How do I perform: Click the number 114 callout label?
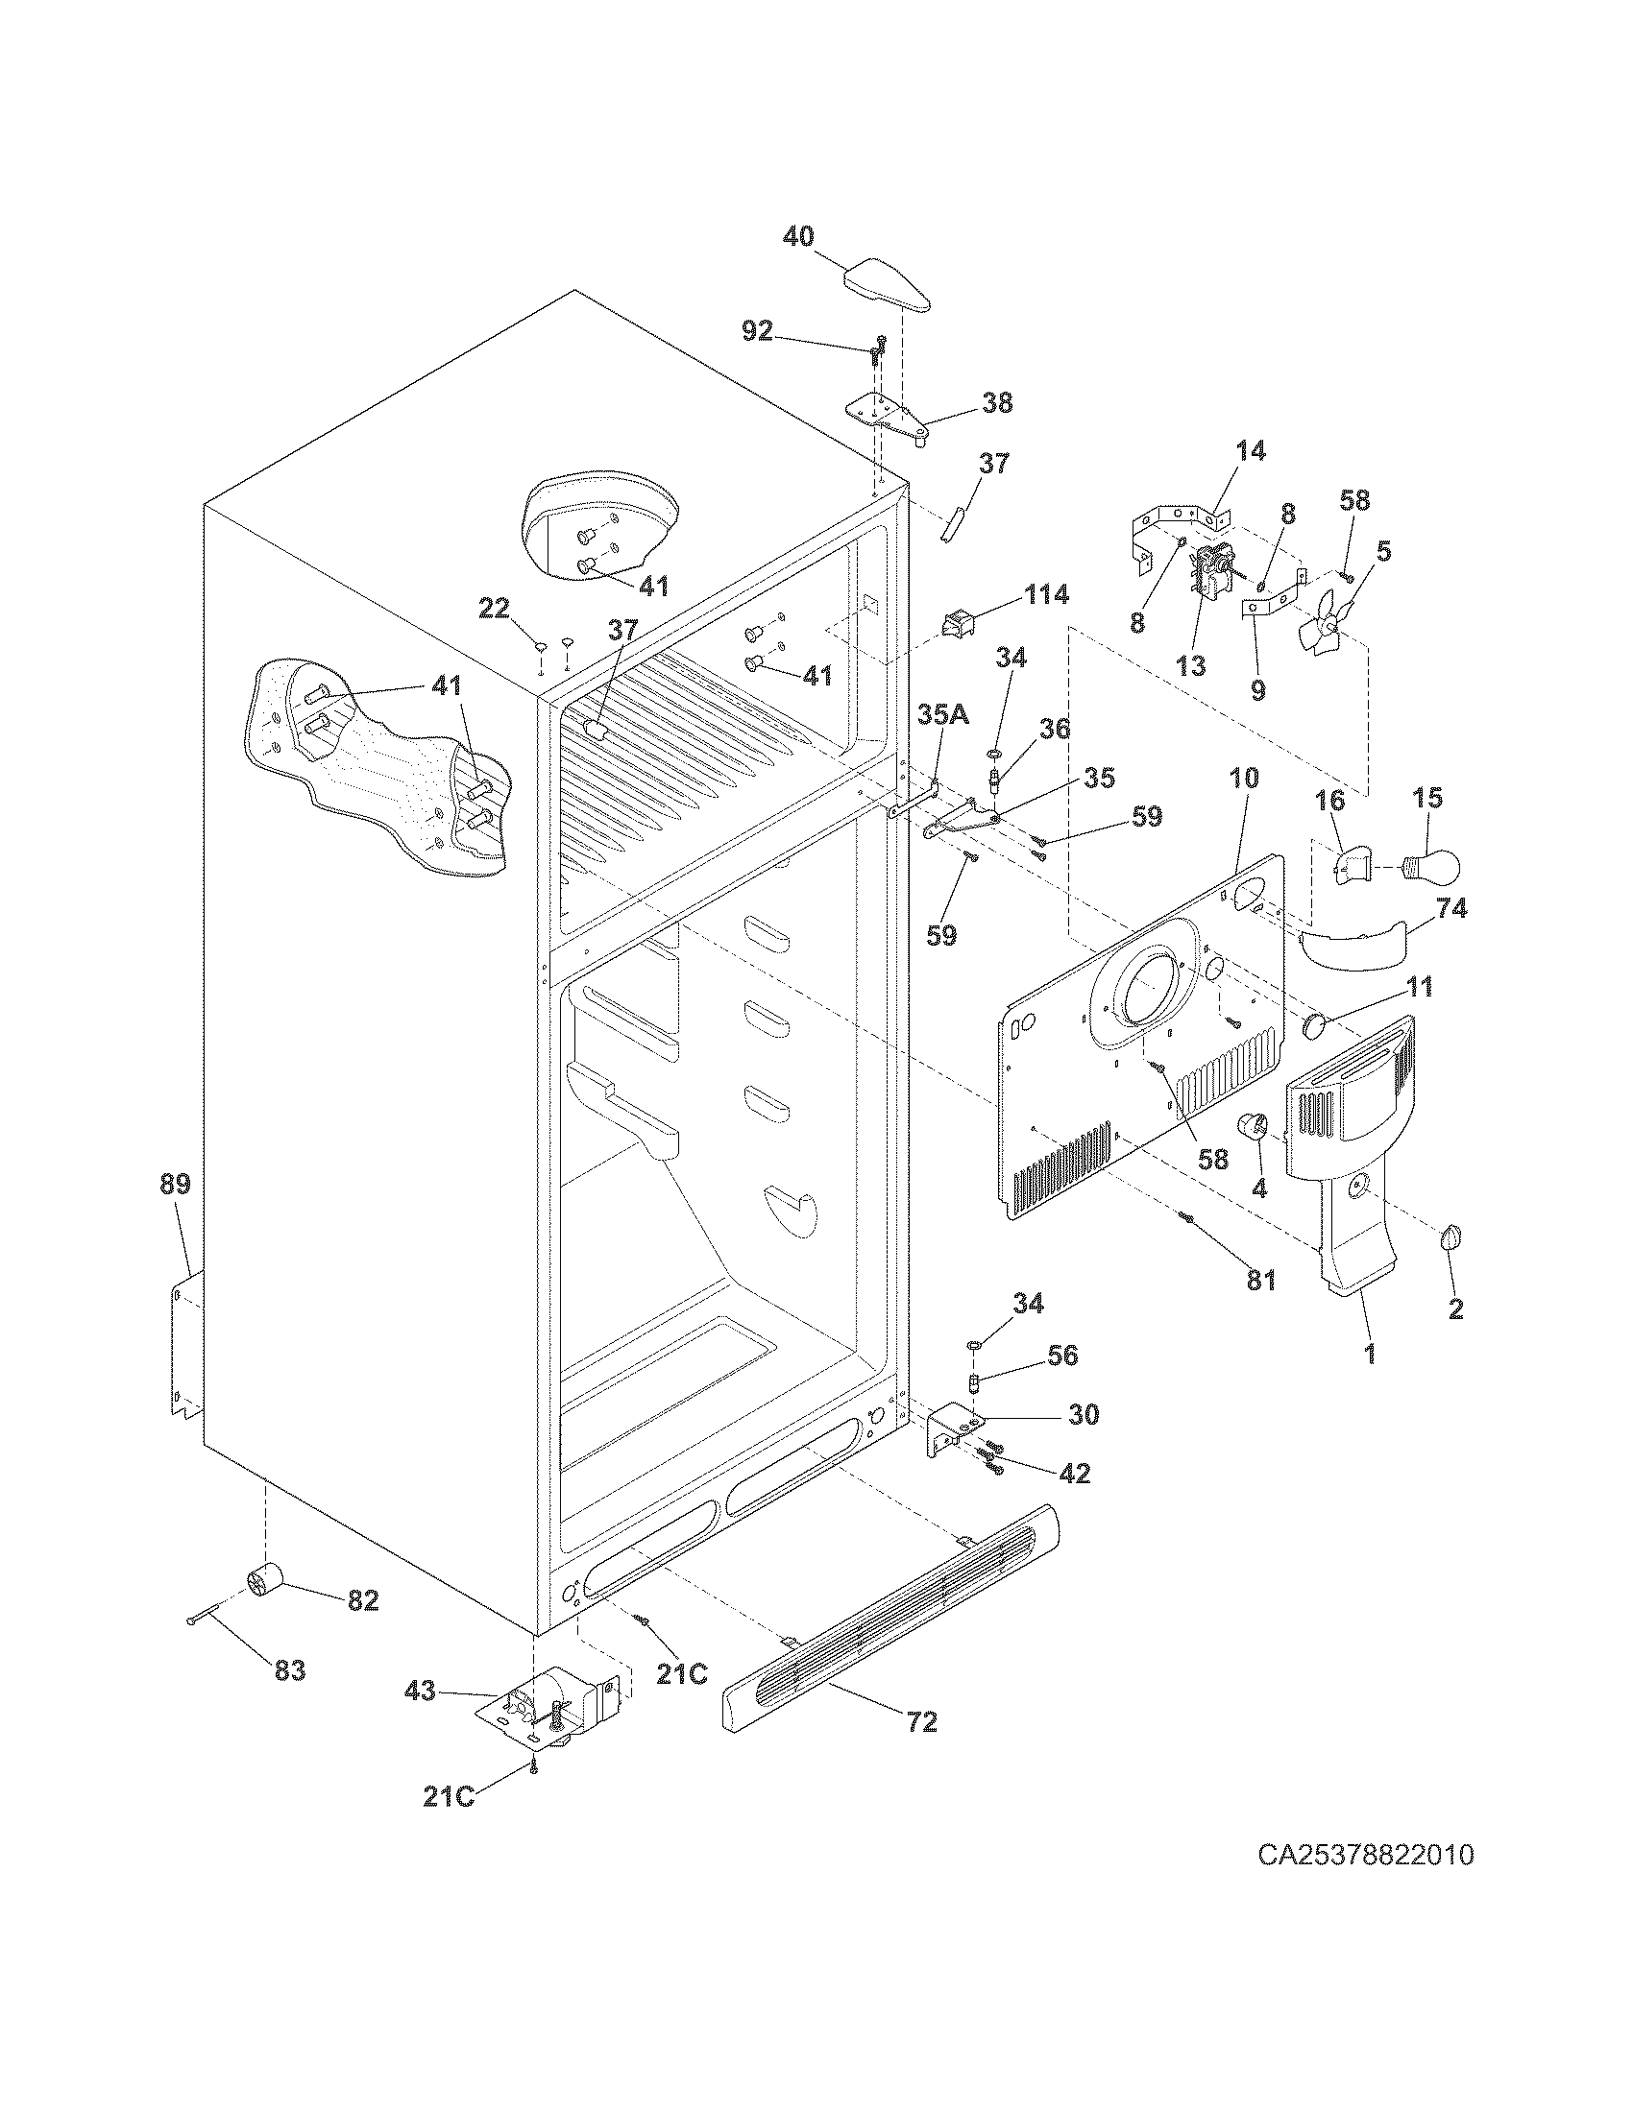click(x=1046, y=593)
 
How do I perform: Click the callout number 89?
click(x=175, y=1184)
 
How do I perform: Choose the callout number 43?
click(x=421, y=1692)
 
